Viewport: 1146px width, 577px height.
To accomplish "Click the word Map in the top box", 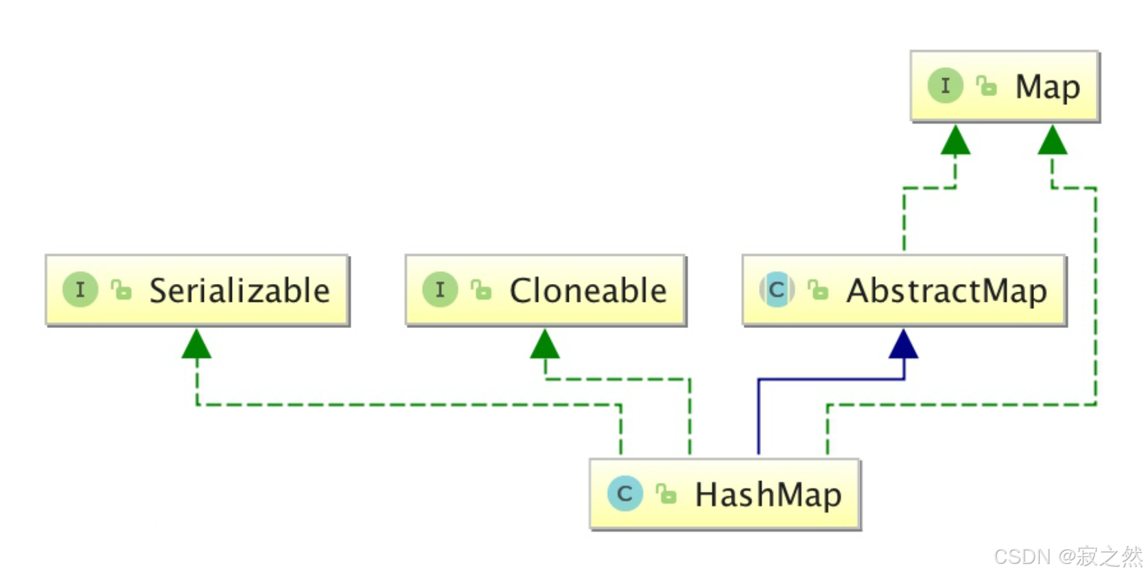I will point(1047,87).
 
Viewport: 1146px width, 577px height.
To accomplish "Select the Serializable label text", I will point(239,291).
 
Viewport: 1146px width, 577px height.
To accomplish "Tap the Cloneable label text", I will point(587,291).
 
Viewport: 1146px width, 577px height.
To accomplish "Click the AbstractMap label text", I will point(946,291).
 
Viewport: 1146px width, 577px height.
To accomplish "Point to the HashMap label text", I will point(768,495).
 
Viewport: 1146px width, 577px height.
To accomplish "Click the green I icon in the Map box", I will point(945,86).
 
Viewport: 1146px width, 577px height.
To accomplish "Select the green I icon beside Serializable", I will point(80,290).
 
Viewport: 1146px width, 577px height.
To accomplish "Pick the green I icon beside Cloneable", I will point(440,290).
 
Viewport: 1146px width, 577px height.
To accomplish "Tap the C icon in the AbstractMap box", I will point(777,290).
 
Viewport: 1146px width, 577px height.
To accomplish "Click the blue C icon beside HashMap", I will point(624,494).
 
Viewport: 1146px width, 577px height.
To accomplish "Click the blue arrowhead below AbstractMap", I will point(903,344).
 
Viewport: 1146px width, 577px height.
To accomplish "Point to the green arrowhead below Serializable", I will point(196,344).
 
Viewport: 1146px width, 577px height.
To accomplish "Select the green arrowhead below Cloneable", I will point(545,344).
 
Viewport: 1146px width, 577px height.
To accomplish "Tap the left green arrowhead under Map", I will point(955,141).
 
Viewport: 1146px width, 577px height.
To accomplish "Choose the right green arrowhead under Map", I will point(1052,141).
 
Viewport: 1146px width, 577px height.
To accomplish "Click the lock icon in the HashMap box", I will point(666,493).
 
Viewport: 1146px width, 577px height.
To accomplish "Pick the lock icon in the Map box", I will point(986,86).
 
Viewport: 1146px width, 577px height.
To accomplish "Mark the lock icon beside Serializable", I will point(121,290).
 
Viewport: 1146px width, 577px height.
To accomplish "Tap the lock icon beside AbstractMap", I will point(818,290).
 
